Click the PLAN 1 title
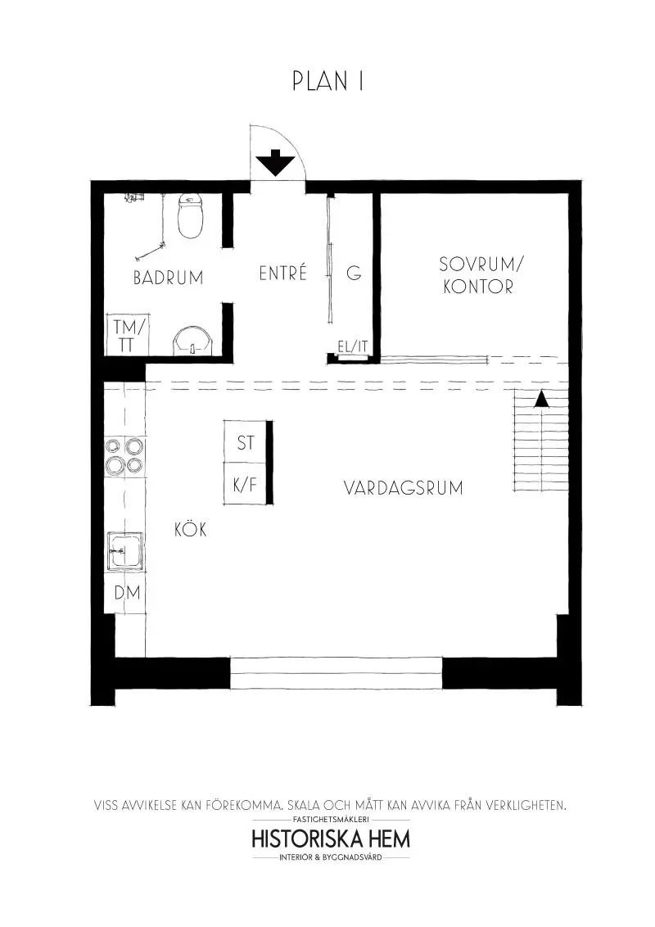(x=327, y=82)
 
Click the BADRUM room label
(x=168, y=278)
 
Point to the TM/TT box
(x=127, y=336)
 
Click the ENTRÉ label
(x=282, y=274)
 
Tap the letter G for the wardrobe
(x=354, y=274)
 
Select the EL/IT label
(x=353, y=347)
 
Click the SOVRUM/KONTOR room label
(x=479, y=276)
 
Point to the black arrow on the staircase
(x=540, y=399)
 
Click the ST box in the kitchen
(x=246, y=443)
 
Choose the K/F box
(x=246, y=484)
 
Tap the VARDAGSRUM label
(x=403, y=489)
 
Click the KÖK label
(x=190, y=530)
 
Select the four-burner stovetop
(x=124, y=455)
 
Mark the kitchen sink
(x=124, y=550)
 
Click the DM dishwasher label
(x=127, y=593)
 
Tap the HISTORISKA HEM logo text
(x=331, y=839)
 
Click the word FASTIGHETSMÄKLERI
(x=331, y=819)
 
